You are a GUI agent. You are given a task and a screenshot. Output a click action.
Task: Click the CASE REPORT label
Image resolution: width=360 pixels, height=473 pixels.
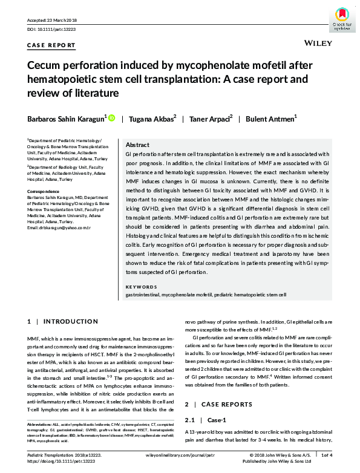(x=51, y=45)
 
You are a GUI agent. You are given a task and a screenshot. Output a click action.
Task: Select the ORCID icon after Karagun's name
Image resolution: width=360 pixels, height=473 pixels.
(x=111, y=119)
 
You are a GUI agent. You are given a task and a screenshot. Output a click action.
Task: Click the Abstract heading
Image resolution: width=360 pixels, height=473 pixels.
(x=137, y=146)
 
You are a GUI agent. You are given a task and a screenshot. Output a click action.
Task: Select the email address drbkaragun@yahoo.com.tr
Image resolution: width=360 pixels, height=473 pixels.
(x=59, y=244)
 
